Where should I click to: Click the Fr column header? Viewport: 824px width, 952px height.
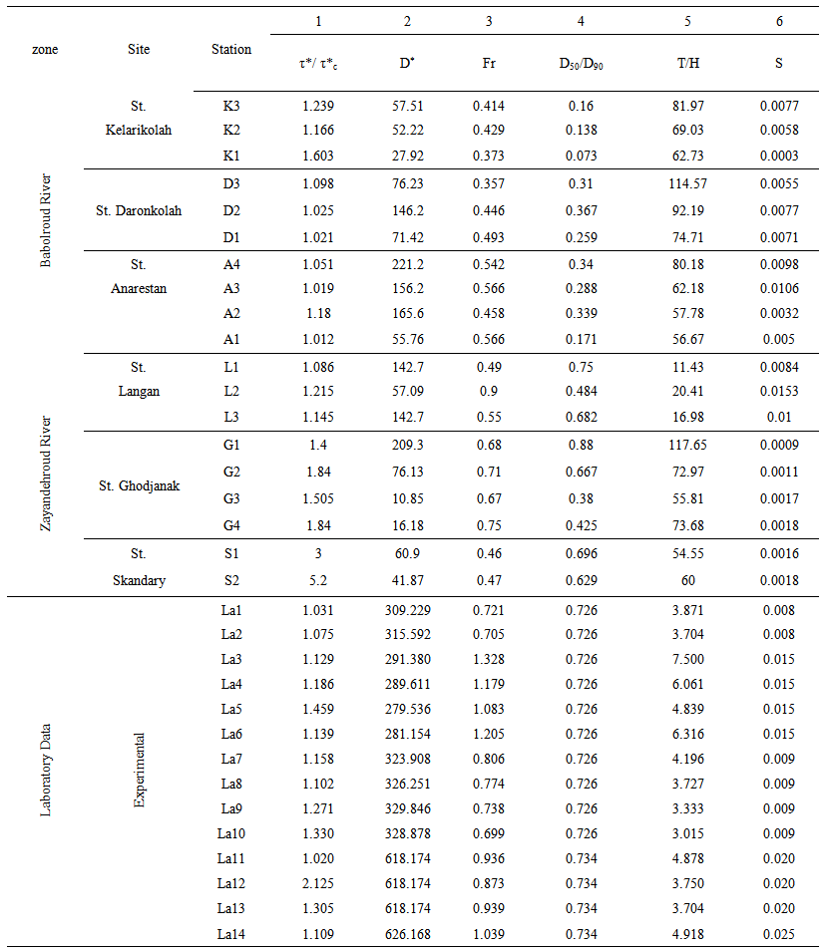tap(489, 63)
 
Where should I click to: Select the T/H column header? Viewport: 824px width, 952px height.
tap(687, 63)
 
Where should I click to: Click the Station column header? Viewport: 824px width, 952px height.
tap(231, 49)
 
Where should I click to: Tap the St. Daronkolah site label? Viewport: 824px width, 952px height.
tap(139, 210)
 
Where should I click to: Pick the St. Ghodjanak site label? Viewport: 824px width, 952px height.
tap(139, 486)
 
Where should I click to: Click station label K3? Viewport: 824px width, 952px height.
tap(231, 105)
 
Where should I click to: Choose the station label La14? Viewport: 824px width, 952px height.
tap(231, 933)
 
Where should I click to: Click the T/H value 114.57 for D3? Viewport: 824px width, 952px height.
tap(687, 184)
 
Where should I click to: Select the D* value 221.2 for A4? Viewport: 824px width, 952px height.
tap(406, 263)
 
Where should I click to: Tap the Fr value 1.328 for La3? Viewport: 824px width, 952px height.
tap(489, 659)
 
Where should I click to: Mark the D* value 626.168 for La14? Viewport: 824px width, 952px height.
tap(406, 933)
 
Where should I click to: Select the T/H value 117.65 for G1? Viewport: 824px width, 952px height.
tap(687, 446)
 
